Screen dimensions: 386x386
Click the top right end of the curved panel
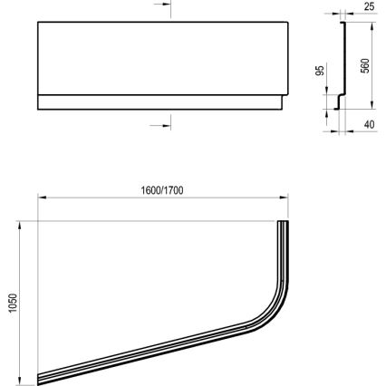click(283, 223)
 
